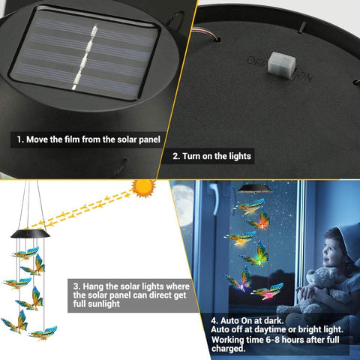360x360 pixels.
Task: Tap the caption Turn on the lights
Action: click(211, 157)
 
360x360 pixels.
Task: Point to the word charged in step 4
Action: click(230, 349)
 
